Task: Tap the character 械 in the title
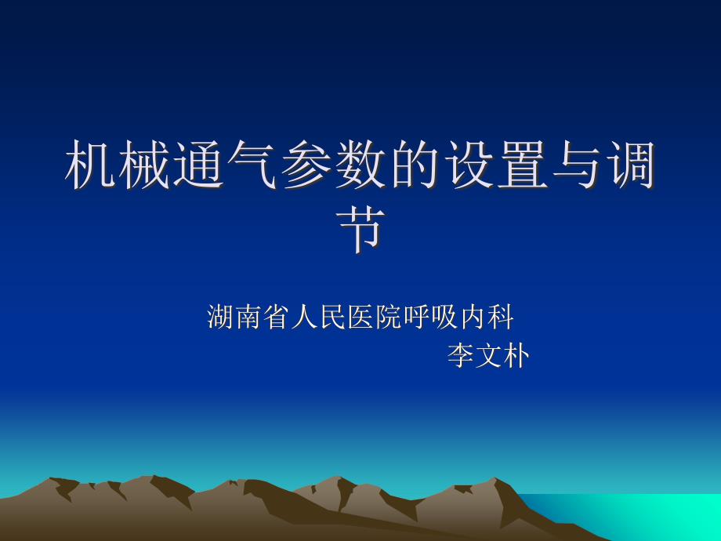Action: [143, 165]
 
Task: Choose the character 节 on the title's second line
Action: [360, 229]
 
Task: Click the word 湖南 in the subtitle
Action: [234, 317]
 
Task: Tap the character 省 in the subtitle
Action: [276, 317]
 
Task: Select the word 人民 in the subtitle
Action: [318, 317]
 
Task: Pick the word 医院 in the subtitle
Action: [375, 317]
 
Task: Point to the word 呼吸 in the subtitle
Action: [430, 317]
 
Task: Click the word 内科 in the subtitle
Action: [487, 317]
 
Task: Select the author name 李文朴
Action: [488, 356]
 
